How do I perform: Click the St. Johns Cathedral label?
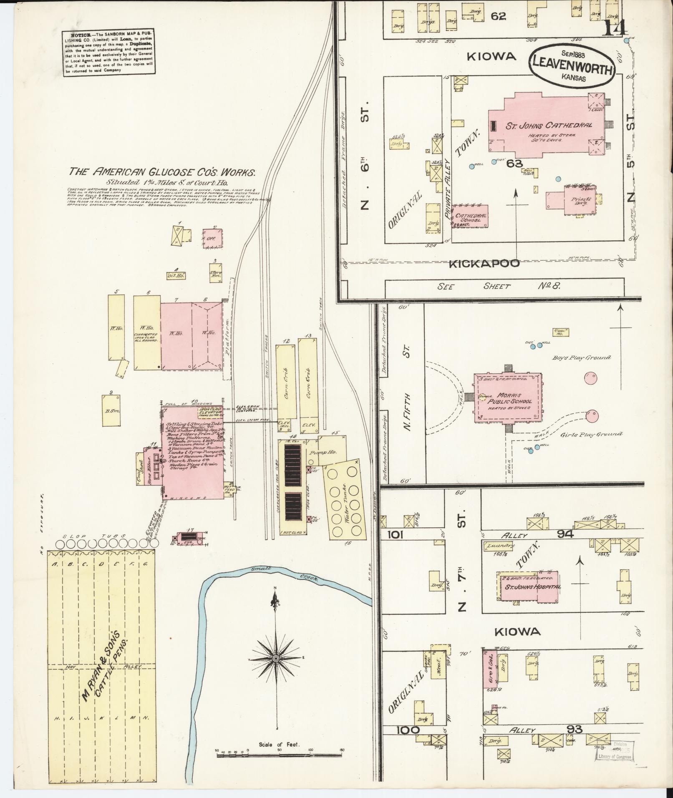pos(549,125)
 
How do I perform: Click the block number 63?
pos(512,164)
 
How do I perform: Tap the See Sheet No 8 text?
pos(499,287)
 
